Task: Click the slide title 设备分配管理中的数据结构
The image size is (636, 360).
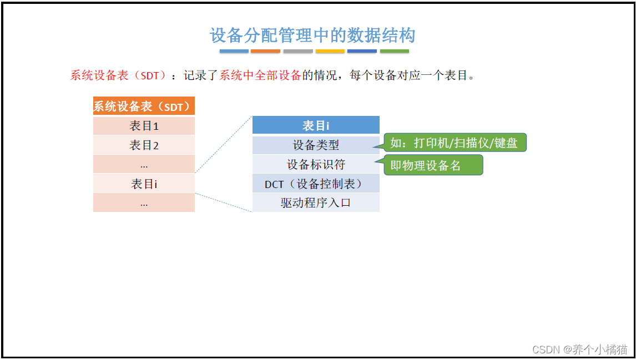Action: click(x=312, y=36)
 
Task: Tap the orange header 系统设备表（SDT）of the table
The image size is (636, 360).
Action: click(x=144, y=106)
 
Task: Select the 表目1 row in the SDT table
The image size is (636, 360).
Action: click(x=144, y=126)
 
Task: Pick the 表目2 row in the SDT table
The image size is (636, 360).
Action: click(x=144, y=145)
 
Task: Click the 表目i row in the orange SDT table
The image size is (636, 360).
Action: click(x=144, y=184)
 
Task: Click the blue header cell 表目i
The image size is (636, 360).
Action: click(x=316, y=125)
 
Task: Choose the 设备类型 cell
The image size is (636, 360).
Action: click(x=316, y=145)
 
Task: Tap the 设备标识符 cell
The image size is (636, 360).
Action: click(x=316, y=164)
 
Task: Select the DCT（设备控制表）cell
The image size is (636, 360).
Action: click(x=316, y=184)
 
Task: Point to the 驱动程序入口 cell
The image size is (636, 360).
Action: click(x=316, y=202)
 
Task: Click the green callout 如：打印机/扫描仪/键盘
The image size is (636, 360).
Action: click(x=455, y=143)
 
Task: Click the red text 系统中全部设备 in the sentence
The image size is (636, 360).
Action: click(x=260, y=75)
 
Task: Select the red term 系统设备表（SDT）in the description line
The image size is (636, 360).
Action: click(x=118, y=75)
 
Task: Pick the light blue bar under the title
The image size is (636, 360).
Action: click(x=234, y=51)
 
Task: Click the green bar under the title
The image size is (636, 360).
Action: click(x=394, y=51)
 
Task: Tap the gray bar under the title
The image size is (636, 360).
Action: click(x=298, y=51)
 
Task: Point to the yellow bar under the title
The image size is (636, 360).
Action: click(x=330, y=51)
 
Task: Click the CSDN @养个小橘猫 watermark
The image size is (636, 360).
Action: click(x=579, y=349)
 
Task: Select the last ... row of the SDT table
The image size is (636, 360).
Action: click(x=144, y=202)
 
